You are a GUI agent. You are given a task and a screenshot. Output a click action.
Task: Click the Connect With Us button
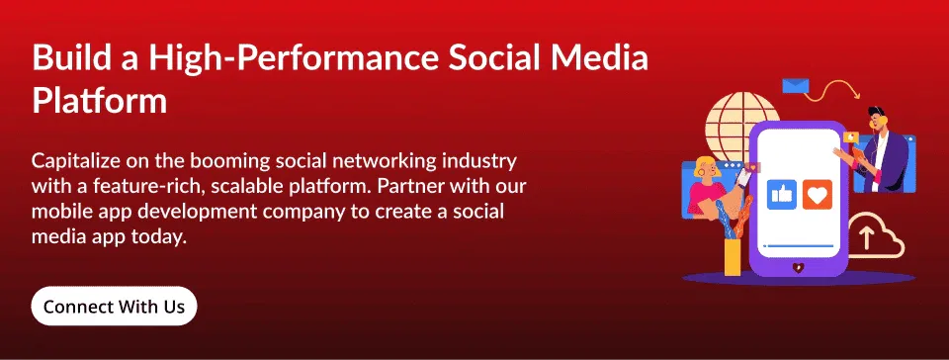click(114, 307)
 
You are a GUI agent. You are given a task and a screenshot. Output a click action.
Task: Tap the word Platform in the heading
click(99, 100)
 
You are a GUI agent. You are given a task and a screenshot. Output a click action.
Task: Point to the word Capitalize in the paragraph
click(78, 160)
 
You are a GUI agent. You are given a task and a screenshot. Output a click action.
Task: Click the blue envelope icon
click(796, 85)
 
